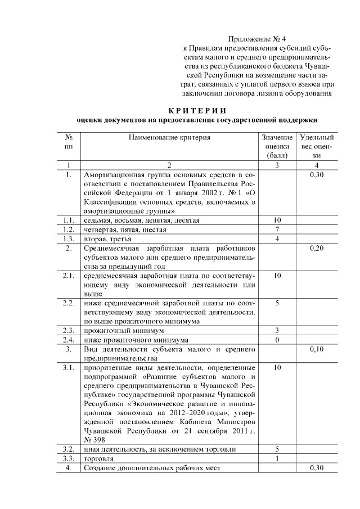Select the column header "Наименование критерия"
pos(169,137)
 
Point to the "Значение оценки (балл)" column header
pos(277,146)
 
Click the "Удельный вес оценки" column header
pos(317,146)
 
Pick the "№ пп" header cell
pos(69,141)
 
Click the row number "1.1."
pos(69,220)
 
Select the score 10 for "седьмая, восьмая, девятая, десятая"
pos(277,220)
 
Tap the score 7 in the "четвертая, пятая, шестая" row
pos(277,229)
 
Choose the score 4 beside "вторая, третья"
pos(277,239)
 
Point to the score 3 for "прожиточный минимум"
pos(277,330)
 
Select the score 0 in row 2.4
pos(277,340)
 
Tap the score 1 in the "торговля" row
pos(277,459)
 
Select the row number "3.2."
pos(69,449)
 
